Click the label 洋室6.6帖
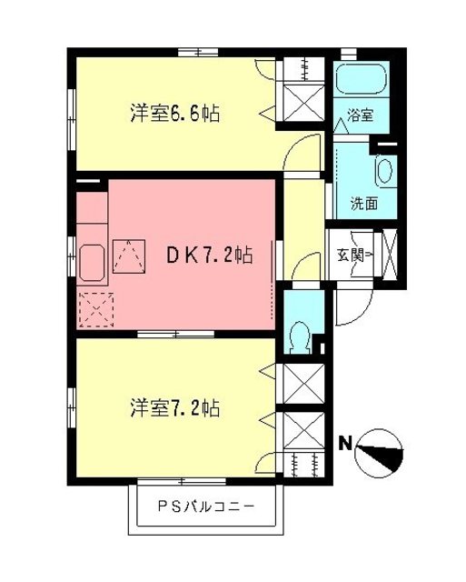[175, 115]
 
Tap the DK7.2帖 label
[208, 256]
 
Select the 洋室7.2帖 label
[174, 406]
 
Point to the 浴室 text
[360, 116]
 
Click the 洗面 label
[365, 204]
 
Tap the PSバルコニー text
[205, 506]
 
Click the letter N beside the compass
[345, 446]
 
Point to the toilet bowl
[298, 336]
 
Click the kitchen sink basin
[91, 264]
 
